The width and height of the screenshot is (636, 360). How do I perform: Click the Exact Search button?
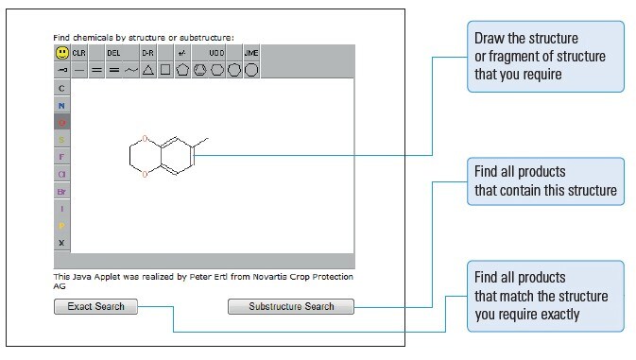pos(96,306)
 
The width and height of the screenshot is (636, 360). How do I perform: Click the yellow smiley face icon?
pos(61,53)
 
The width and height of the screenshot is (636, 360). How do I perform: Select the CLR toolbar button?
pos(78,53)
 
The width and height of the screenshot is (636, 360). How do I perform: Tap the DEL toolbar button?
pos(114,53)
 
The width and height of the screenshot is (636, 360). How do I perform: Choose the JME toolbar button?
pos(251,53)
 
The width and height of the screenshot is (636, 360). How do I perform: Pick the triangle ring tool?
pos(148,70)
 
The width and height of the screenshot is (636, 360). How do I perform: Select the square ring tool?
pos(165,70)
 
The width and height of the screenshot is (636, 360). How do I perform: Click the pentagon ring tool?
pos(182,70)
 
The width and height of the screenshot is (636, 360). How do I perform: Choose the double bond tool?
pos(113,70)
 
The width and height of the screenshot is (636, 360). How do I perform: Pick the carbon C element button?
pos(61,88)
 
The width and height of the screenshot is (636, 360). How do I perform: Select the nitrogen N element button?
pos(61,105)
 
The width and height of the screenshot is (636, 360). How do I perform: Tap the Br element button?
pos(61,191)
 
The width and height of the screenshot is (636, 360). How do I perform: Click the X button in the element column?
pos(61,243)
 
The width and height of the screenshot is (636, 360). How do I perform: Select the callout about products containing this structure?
pos(544,181)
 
